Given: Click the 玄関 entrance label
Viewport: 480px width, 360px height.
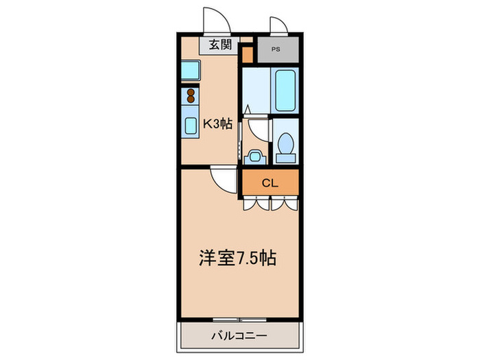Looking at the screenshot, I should point(219,46).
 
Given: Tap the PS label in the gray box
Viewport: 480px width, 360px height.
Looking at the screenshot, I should point(276,49).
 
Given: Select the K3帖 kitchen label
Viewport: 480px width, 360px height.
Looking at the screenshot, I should point(217,124).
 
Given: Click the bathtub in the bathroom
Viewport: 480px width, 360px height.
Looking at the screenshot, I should point(284,91).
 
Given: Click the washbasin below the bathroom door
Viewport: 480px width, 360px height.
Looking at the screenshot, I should point(254,156).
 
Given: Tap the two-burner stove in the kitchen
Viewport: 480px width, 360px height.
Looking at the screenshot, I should point(191,95).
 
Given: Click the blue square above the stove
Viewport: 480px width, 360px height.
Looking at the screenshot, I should point(190,69).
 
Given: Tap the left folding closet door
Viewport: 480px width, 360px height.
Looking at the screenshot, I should point(256,203).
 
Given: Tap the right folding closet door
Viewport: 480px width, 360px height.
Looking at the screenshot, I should point(285,203).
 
